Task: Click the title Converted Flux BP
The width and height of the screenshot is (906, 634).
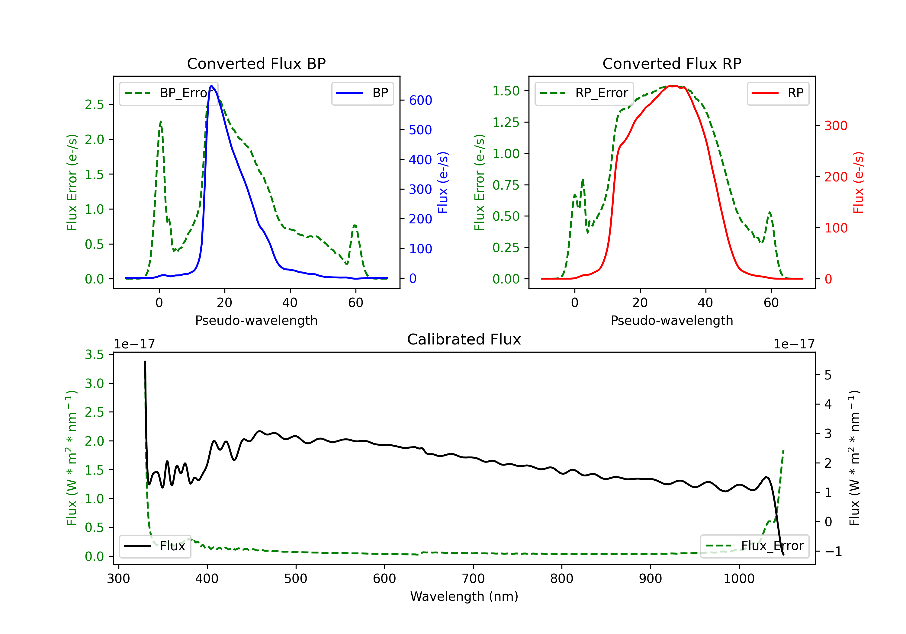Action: pyautogui.click(x=256, y=63)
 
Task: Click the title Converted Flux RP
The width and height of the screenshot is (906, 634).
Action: pyautogui.click(x=672, y=63)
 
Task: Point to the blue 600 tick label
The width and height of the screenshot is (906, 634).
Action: pyautogui.click(x=420, y=100)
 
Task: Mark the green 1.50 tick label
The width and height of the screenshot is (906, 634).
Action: pyautogui.click(x=506, y=91)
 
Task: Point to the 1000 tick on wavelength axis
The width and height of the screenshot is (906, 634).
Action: pyautogui.click(x=739, y=579)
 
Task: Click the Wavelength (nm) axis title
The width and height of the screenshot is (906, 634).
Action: pyautogui.click(x=464, y=596)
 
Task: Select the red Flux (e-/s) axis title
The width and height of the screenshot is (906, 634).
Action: pyautogui.click(x=858, y=183)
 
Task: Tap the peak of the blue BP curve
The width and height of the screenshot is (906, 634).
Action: pyautogui.click(x=211, y=86)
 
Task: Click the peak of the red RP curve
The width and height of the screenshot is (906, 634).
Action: pyautogui.click(x=675, y=86)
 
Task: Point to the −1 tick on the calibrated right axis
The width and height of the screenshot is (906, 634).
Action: pyautogui.click(x=833, y=552)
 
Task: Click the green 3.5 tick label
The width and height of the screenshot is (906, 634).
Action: pyautogui.click(x=94, y=355)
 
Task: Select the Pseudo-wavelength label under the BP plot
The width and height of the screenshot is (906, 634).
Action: pyautogui.click(x=256, y=320)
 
